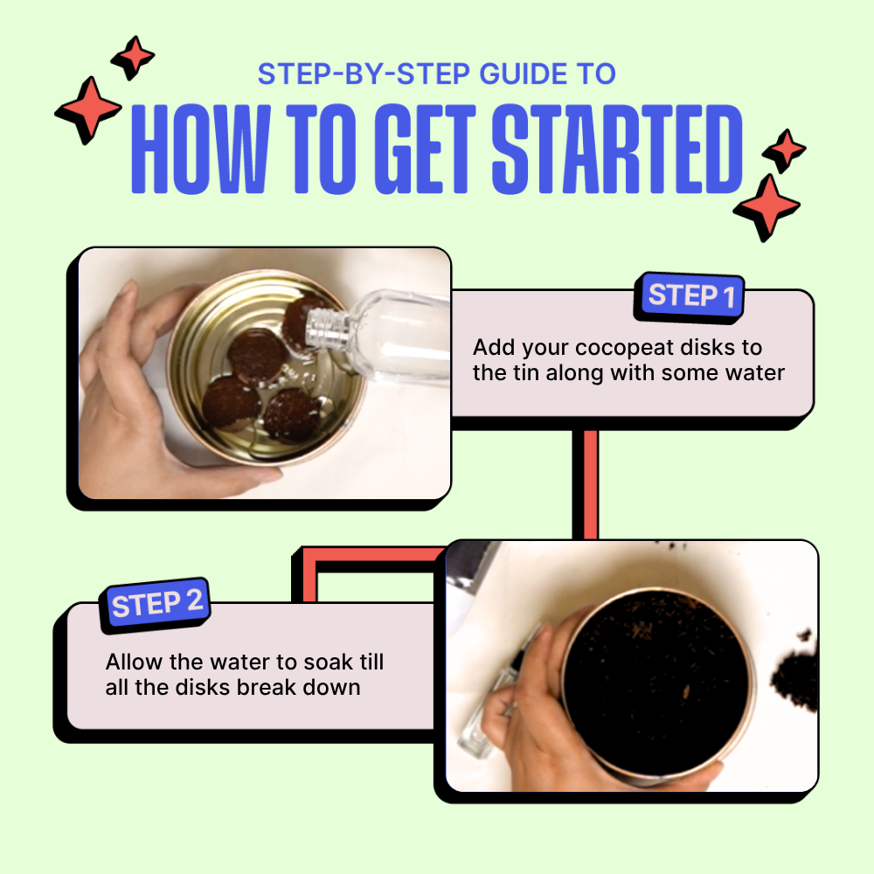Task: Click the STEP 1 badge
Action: (x=690, y=296)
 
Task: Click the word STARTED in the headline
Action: (x=617, y=149)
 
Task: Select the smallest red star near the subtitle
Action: (x=133, y=57)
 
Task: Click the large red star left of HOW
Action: (x=87, y=110)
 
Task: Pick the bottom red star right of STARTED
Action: (x=767, y=207)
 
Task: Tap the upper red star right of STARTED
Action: (x=784, y=150)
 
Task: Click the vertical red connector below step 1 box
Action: (x=586, y=484)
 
